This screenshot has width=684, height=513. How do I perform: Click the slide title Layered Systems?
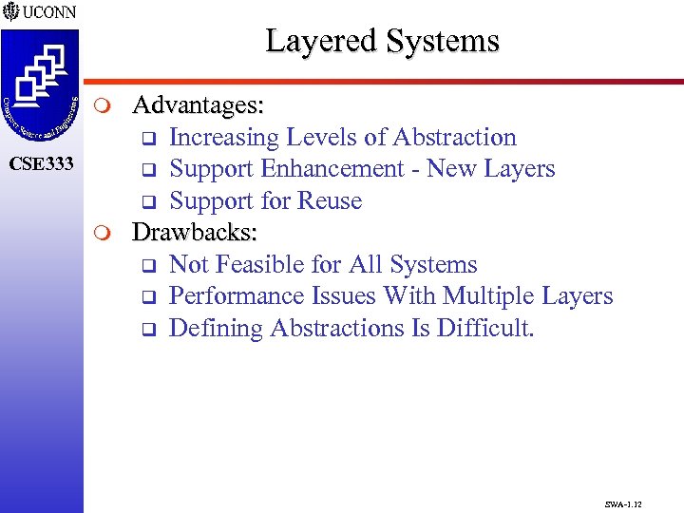pyautogui.click(x=382, y=41)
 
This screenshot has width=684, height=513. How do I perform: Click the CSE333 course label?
pyautogui.click(x=41, y=164)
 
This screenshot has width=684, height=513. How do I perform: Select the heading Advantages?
pyautogui.click(x=198, y=104)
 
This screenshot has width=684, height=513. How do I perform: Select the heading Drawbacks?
pyautogui.click(x=195, y=232)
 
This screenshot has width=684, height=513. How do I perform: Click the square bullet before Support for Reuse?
pyautogui.click(x=148, y=202)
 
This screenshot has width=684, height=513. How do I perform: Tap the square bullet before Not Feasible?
pyautogui.click(x=148, y=266)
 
